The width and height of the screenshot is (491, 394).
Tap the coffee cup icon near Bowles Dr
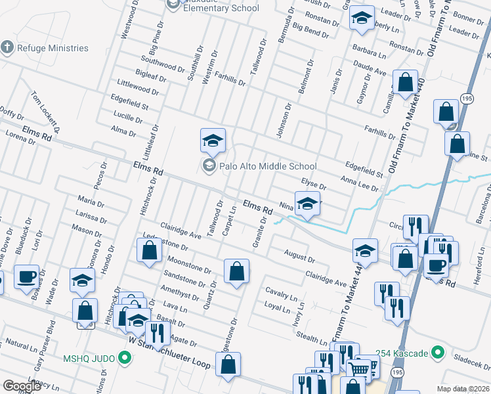pos(26,276)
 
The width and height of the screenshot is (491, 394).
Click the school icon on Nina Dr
pos(307,203)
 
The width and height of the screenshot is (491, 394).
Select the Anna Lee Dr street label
pos(360,183)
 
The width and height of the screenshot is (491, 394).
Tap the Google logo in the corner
pos(22,386)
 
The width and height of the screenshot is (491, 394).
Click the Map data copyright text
pos(463,389)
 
